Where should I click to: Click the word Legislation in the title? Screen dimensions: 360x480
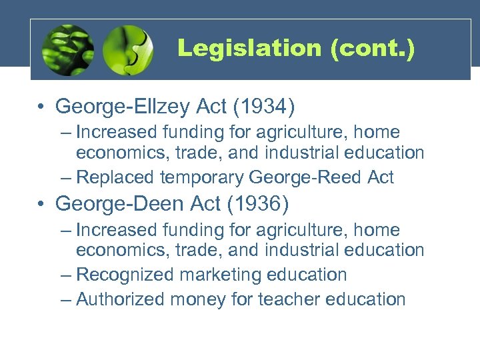[249, 49]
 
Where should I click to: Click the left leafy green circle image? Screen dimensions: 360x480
[67, 51]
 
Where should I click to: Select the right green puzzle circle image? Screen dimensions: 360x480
[128, 50]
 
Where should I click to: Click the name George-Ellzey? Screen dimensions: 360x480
[125, 107]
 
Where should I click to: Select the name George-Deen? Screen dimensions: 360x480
[121, 203]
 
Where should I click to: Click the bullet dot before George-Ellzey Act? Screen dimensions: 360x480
[41, 107]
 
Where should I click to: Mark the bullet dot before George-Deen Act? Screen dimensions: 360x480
[41, 203]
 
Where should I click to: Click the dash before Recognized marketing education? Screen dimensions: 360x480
[65, 275]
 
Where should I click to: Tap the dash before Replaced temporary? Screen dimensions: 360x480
[65, 177]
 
